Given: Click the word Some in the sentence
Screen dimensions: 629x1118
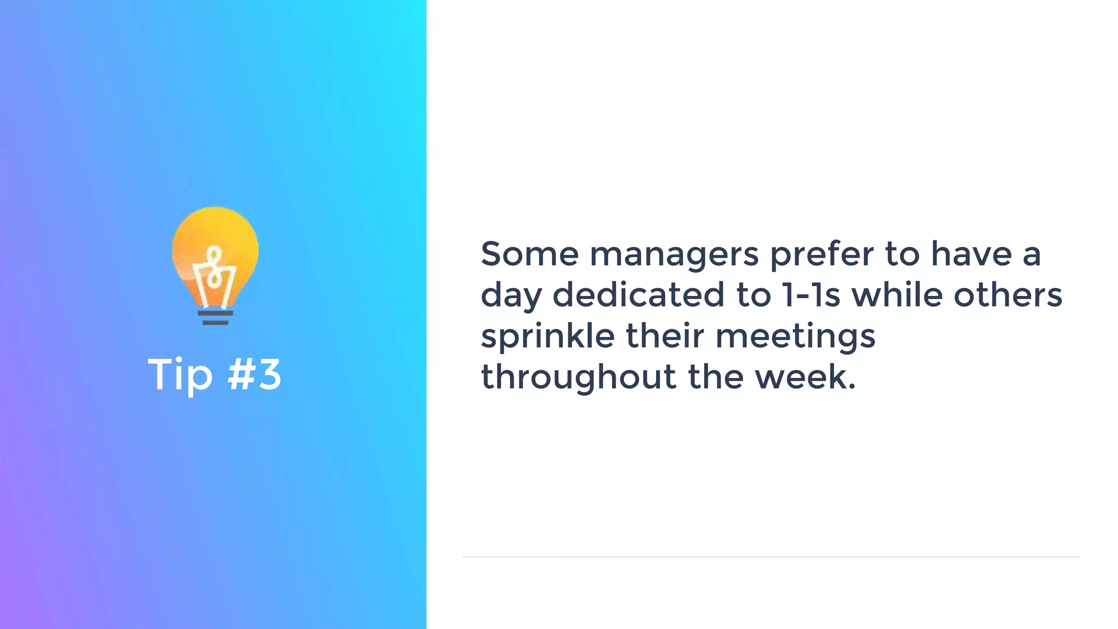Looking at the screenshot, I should pos(529,254).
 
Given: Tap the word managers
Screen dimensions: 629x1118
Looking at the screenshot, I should pos(674,256).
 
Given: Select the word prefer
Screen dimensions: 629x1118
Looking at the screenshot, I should pos(822,256).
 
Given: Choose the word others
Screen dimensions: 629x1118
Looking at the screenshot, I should pos(1008,295).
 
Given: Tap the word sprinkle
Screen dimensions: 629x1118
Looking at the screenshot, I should pos(548,337).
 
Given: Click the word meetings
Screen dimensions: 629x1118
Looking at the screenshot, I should pos(795,337).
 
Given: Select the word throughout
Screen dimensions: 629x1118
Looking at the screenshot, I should pos(578,377).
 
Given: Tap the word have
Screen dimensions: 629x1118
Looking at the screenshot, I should pos(971,254).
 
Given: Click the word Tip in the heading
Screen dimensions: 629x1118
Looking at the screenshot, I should pos(180,376).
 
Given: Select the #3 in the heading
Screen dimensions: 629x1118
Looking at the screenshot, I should pos(254,375).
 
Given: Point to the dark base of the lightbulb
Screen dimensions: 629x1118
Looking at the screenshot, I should pos(215,318).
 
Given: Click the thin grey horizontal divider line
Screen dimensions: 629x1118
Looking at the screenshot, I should pos(771,557).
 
